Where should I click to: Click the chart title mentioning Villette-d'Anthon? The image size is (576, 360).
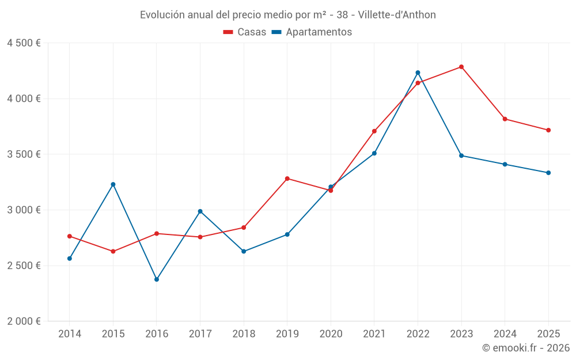[288, 14]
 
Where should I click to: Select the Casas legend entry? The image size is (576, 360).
[245, 32]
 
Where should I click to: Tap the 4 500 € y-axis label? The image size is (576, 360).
[24, 43]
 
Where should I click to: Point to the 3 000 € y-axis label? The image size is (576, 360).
[24, 210]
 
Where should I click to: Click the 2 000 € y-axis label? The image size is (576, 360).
[24, 321]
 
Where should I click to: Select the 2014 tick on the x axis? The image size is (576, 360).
[70, 334]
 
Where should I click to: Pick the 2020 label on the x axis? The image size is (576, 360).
[331, 334]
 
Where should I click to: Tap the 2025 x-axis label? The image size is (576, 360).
[548, 334]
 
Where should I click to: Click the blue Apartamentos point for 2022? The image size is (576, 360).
[418, 73]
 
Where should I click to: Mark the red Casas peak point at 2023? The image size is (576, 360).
[461, 67]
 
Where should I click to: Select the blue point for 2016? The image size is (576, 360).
[157, 279]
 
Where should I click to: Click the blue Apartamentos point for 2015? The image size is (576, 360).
[113, 184]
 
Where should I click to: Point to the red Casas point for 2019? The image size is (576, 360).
[287, 179]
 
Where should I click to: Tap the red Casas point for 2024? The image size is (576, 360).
[505, 119]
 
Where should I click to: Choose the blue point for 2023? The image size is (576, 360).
[461, 156]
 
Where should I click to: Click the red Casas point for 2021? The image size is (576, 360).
[374, 131]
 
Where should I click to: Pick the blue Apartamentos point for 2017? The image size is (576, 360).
[200, 211]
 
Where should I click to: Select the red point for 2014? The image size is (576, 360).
[70, 236]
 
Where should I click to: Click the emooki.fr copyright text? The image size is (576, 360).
[525, 348]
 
